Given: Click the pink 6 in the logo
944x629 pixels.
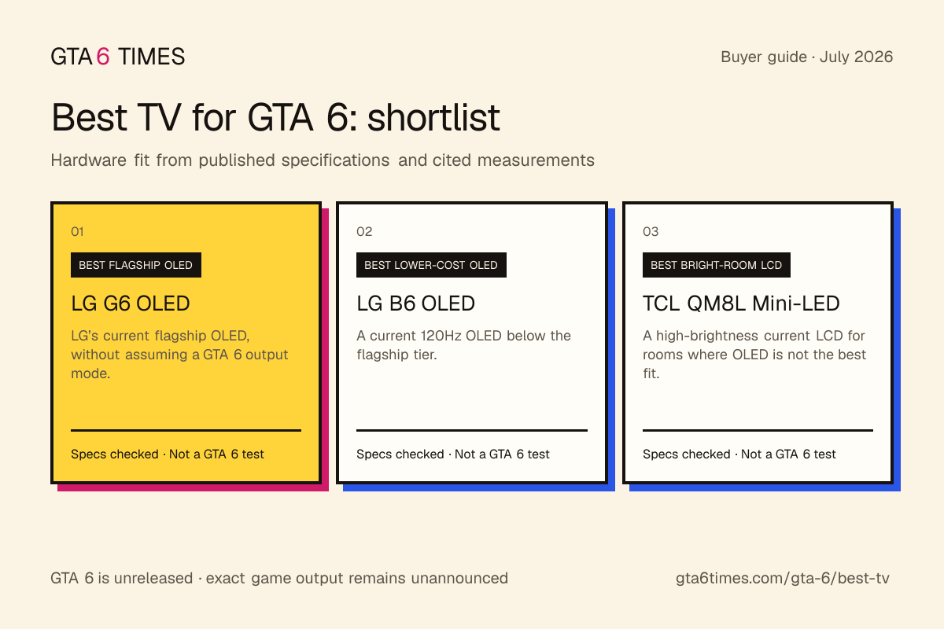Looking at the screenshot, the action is click(103, 57).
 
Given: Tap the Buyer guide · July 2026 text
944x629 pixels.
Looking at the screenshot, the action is click(806, 57).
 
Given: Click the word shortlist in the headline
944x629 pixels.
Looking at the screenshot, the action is click(433, 117).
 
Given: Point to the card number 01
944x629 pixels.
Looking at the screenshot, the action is click(77, 231).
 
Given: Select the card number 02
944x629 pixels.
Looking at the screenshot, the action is click(364, 231).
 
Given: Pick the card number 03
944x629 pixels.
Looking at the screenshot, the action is click(651, 231).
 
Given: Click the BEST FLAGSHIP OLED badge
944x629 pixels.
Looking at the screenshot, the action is click(135, 265).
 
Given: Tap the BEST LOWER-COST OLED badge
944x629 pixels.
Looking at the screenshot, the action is click(431, 265).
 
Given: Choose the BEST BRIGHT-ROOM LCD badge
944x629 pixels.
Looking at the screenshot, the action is click(716, 265).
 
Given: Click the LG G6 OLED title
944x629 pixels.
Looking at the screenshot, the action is click(131, 303).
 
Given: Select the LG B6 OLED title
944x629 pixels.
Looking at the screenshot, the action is click(415, 303).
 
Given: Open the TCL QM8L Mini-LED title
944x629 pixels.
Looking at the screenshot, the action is click(741, 303).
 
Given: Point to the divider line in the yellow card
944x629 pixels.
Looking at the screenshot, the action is click(186, 430).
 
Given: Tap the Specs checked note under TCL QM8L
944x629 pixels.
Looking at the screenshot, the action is click(739, 454).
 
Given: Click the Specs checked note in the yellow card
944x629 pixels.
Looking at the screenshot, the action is click(168, 454).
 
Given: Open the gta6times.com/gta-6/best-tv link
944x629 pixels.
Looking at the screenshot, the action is click(782, 579).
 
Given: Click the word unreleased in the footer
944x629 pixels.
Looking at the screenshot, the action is click(153, 579).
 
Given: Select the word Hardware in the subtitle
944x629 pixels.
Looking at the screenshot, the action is click(88, 160).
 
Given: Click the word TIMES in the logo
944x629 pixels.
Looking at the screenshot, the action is click(151, 57).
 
